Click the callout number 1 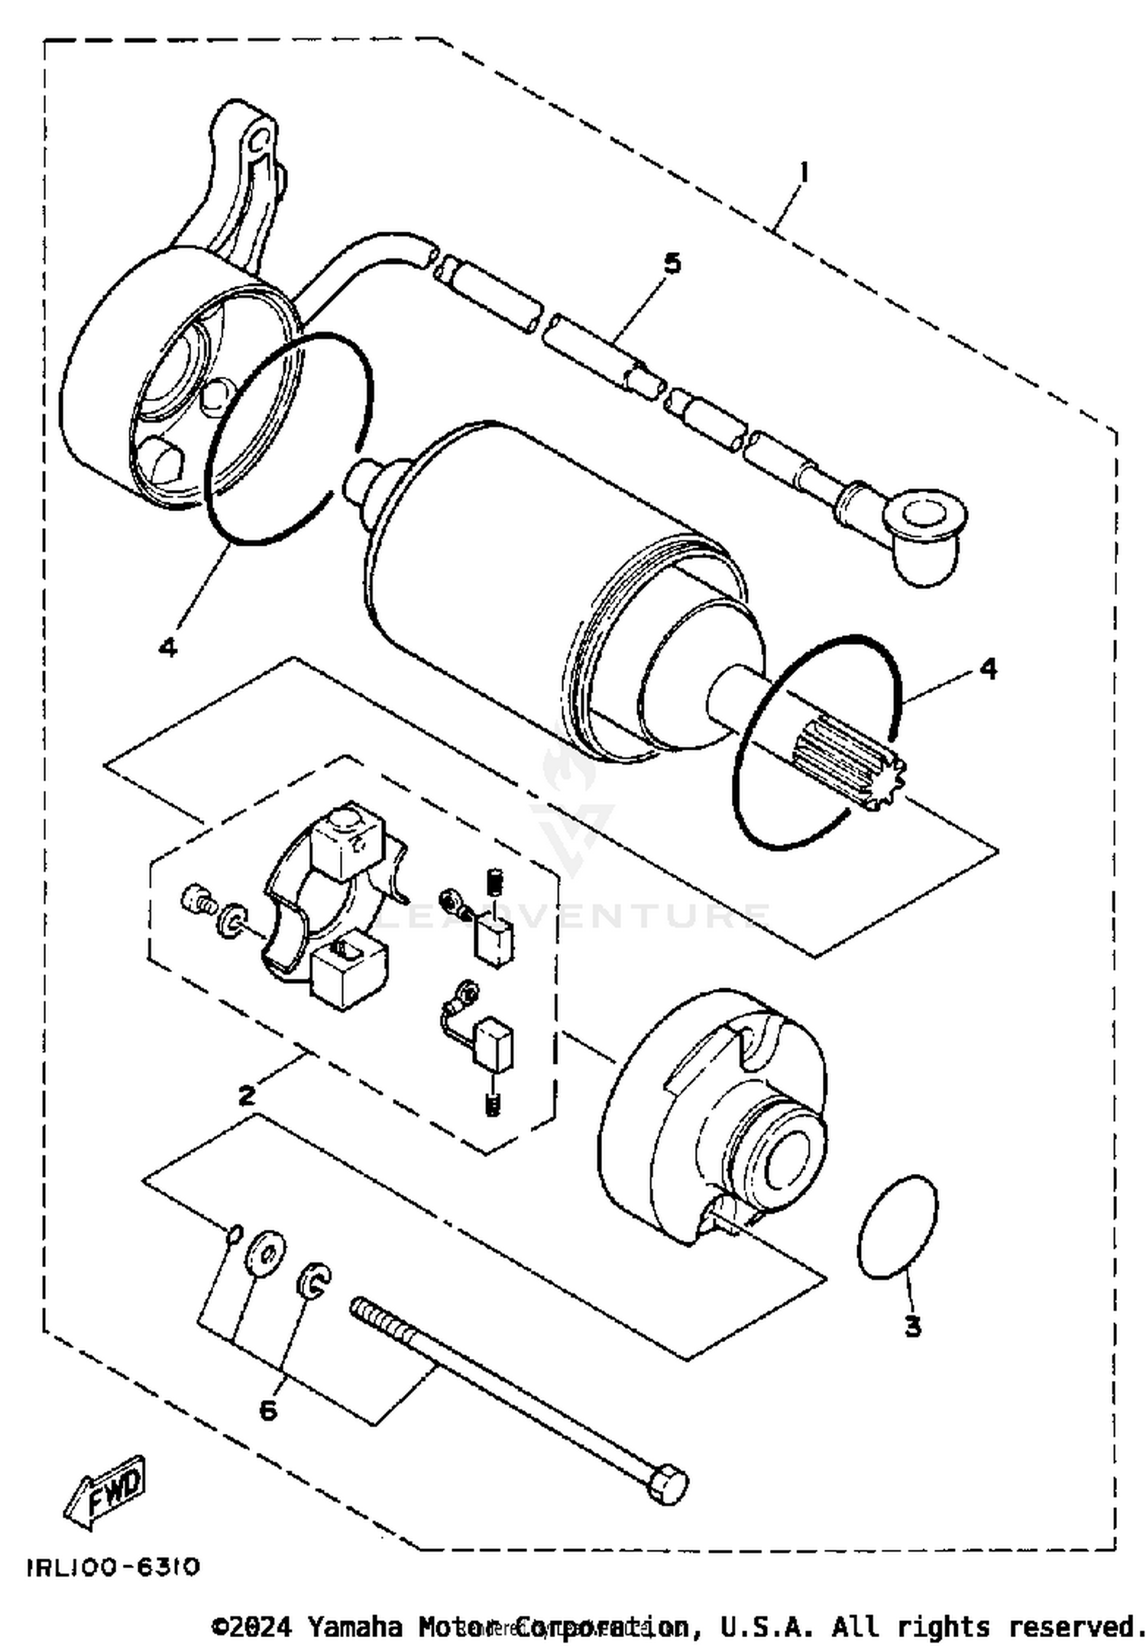point(802,173)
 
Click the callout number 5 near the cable point(672,264)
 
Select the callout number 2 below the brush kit point(246,1096)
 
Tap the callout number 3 point(912,1327)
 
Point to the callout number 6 point(268,1410)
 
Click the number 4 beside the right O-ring point(988,669)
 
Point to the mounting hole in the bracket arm point(261,139)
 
